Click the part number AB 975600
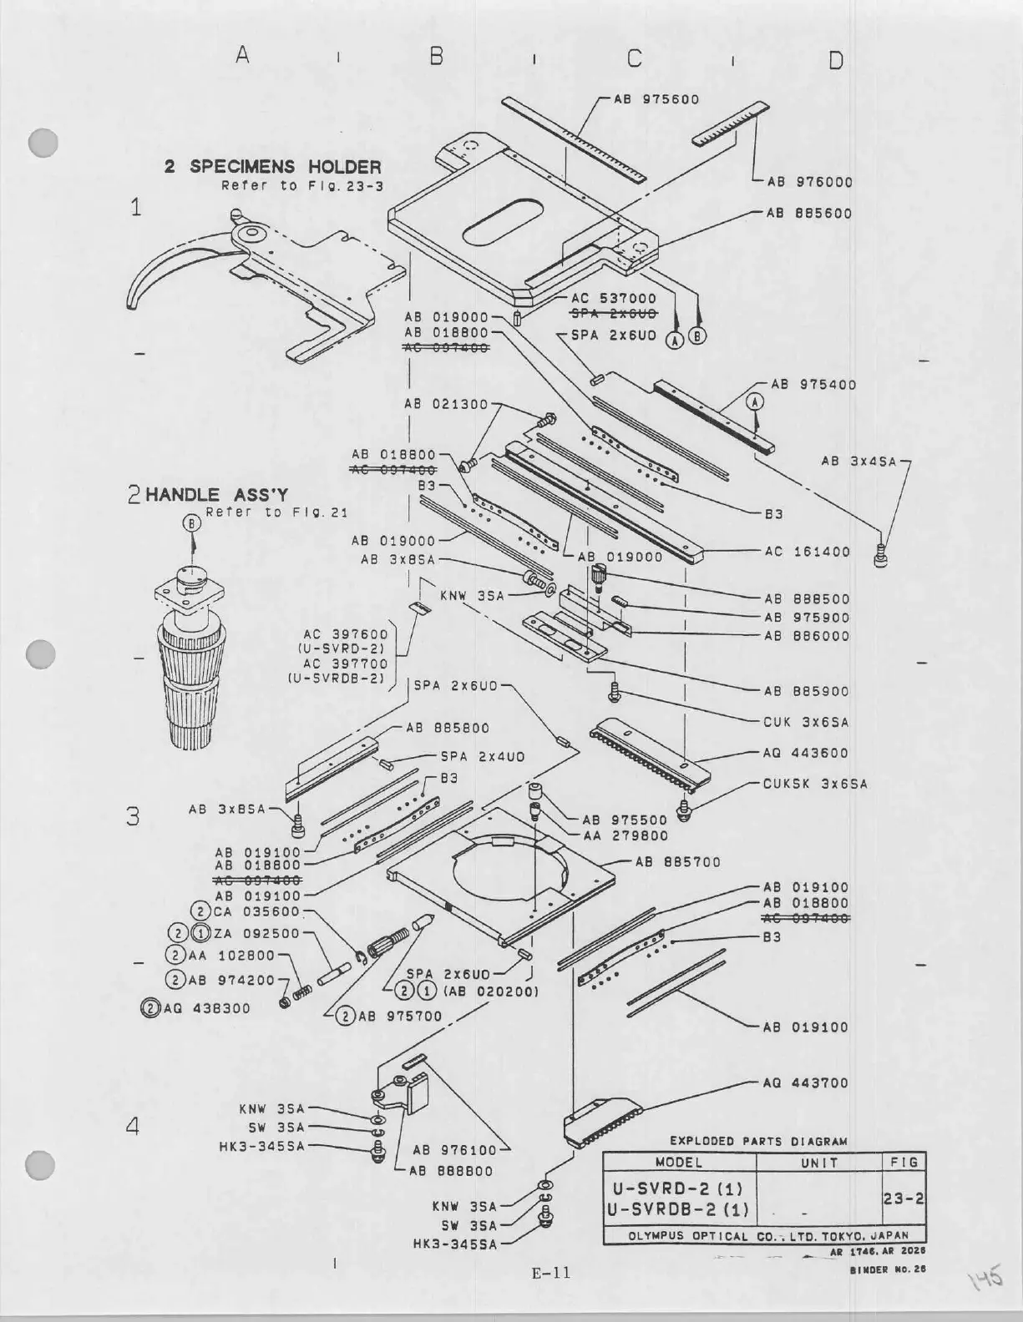pos(656,98)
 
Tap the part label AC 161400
pos(807,552)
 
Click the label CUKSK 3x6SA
pos(815,784)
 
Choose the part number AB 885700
pos(677,862)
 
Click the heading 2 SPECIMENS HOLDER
pos(272,167)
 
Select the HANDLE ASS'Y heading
pos(216,495)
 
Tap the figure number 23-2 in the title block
pos(904,1198)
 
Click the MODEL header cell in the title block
pos(678,1162)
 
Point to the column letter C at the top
pos(635,58)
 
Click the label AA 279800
pos(625,835)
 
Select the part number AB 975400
pos(813,385)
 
